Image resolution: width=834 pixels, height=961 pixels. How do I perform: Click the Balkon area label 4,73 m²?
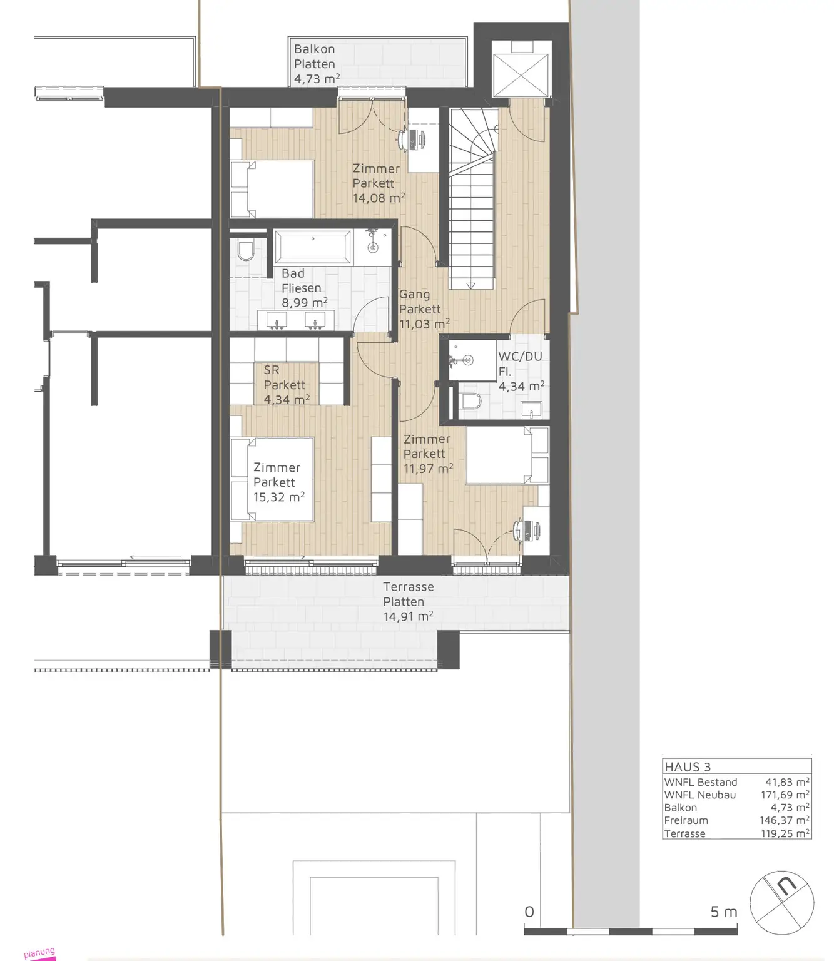click(317, 79)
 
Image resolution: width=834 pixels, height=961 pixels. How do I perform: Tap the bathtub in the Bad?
click(312, 247)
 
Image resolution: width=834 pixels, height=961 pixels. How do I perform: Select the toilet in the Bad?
click(245, 251)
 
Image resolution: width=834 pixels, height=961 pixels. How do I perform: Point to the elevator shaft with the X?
click(521, 74)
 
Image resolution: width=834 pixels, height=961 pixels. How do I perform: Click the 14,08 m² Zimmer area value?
click(379, 198)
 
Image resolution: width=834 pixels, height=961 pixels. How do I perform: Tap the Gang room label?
click(414, 295)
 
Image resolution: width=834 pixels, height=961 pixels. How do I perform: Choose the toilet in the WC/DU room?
click(471, 402)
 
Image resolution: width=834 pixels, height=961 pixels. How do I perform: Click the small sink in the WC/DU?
click(532, 410)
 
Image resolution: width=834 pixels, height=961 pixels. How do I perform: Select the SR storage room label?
click(272, 370)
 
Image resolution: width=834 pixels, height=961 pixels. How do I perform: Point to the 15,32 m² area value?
click(279, 497)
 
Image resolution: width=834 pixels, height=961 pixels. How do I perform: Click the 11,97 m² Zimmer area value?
click(429, 468)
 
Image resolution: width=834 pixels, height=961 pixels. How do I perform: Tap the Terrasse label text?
click(408, 587)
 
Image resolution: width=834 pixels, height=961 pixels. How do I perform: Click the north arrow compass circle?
click(782, 903)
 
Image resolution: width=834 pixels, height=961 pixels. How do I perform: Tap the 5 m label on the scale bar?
click(724, 912)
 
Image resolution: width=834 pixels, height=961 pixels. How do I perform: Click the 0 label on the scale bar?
click(529, 912)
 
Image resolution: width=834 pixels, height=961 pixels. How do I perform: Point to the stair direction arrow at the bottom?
click(470, 285)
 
